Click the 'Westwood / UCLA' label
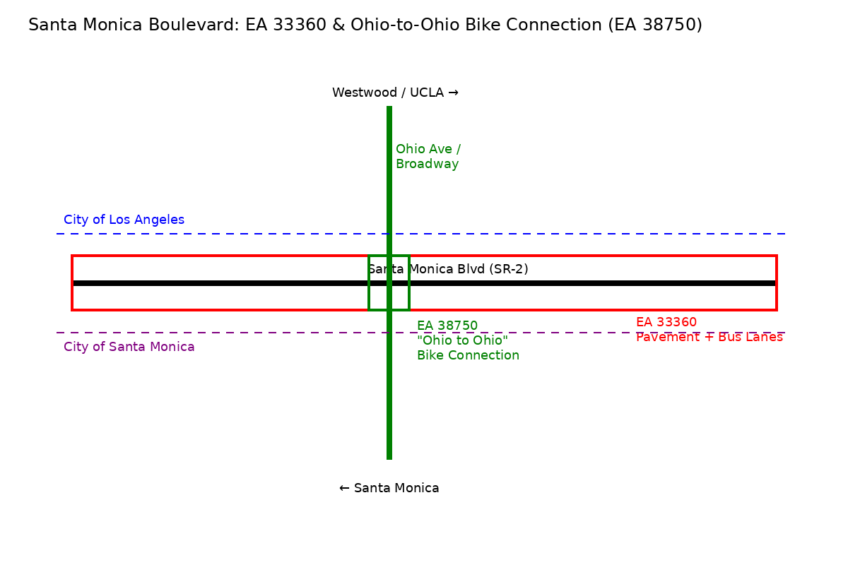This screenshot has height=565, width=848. [x=389, y=93]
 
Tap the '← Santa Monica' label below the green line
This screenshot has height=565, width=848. [x=389, y=488]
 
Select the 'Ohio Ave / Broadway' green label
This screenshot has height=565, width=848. [x=428, y=157]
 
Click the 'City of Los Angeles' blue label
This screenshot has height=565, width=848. [x=124, y=220]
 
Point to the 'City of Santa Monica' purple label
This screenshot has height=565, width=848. [x=129, y=347]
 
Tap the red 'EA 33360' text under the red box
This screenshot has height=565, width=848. [x=666, y=323]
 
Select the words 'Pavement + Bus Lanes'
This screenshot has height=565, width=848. [x=709, y=338]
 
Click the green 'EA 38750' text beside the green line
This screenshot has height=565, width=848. [x=447, y=326]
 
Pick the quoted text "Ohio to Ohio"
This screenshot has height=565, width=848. [x=462, y=341]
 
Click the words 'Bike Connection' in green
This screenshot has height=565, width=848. [x=468, y=356]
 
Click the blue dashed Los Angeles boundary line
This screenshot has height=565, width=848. [x=212, y=234]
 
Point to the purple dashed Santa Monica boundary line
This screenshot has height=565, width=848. [x=212, y=333]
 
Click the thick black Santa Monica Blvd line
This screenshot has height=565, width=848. [x=212, y=283]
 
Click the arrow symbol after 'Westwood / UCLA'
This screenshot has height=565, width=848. [x=453, y=93]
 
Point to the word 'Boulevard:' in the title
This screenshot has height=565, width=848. [x=201, y=25]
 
